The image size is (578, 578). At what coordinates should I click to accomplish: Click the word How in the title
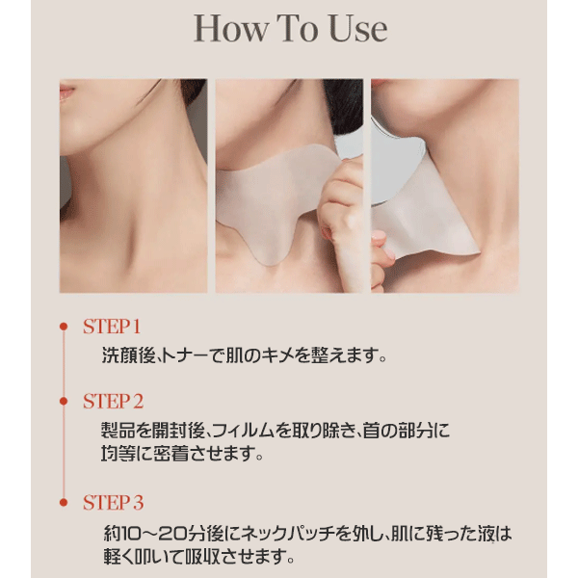231,29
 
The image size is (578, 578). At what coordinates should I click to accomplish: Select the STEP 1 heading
112,327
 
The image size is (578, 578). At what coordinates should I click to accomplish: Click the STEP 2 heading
113,401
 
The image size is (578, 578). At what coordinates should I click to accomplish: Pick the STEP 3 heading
113,503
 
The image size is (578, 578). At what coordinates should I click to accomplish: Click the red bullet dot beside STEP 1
64,327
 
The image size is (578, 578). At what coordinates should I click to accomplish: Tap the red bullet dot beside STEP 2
64,401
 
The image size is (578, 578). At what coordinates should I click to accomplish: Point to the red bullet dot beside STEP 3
64,503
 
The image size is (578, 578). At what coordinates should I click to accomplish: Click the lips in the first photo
66,92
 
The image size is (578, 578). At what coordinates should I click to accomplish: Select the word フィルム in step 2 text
244,431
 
